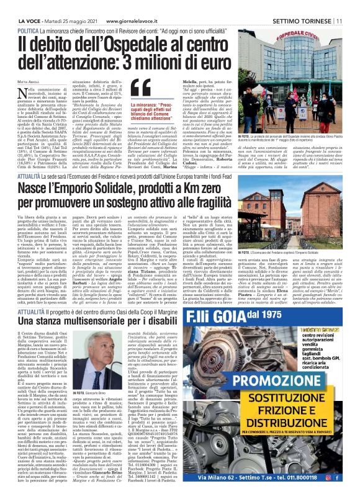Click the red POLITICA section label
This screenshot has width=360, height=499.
[30, 30]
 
